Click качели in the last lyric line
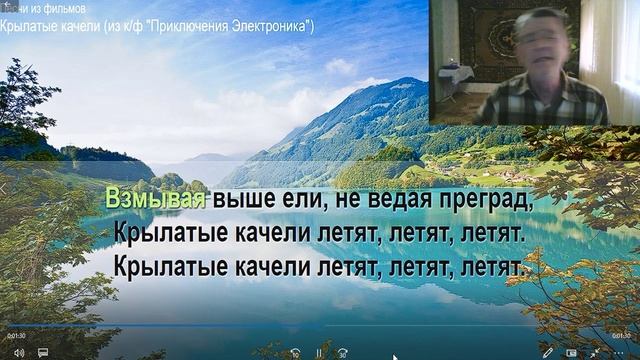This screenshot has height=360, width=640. pos(285,268)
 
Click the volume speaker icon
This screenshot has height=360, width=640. pos(18,352)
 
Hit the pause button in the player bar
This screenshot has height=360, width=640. pos(319,352)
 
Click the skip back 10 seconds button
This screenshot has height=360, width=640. pos(295,352)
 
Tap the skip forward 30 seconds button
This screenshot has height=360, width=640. pos(343,352)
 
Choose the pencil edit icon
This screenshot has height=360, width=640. pos(546,352)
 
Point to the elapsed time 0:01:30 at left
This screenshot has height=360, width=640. pos(17,336)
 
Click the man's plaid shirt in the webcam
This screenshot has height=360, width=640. pos(540,100)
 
